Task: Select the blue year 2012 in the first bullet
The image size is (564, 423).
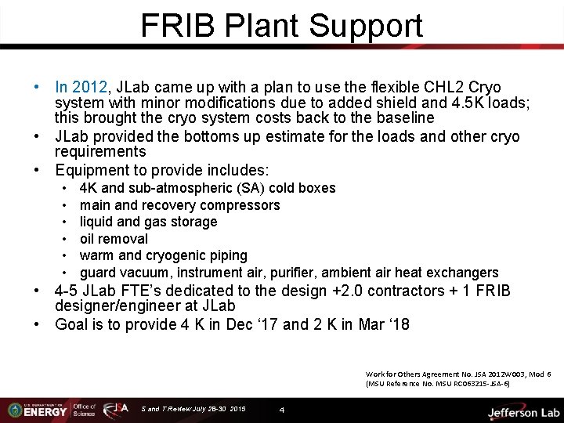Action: click(92, 87)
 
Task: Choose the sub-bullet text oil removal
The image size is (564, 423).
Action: click(114, 239)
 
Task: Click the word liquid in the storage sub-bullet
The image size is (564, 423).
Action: click(99, 222)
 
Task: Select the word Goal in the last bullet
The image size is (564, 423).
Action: click(73, 324)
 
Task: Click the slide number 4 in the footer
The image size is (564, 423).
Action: click(282, 410)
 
